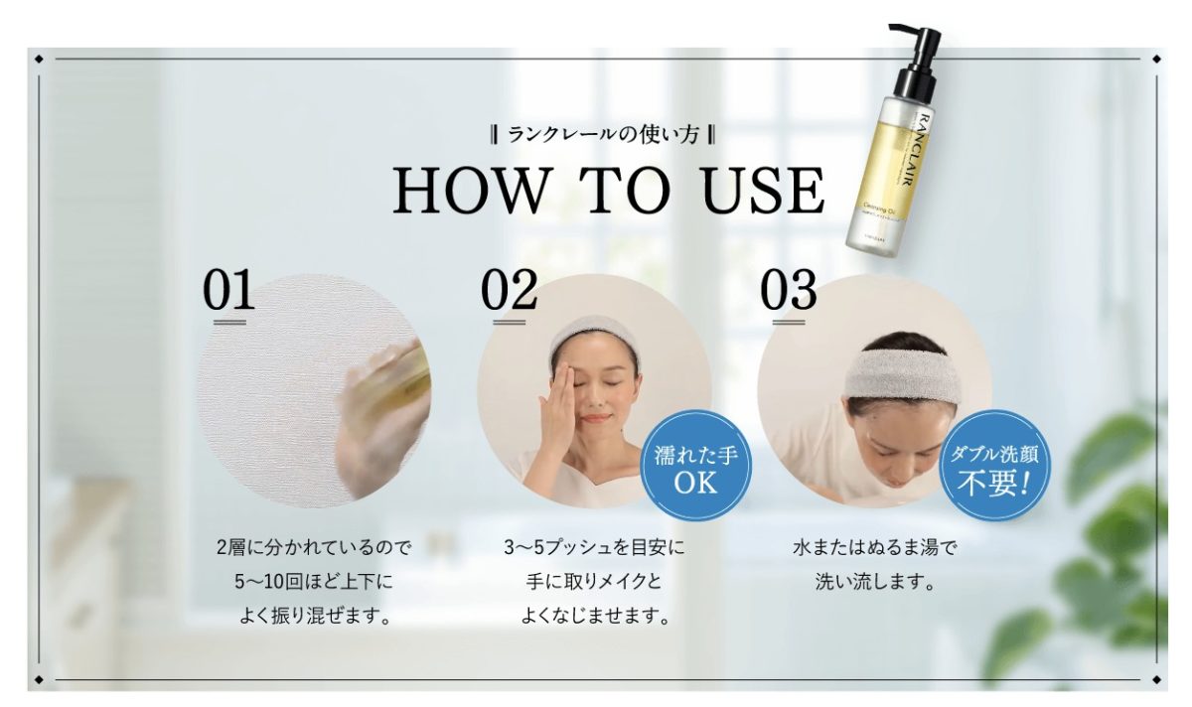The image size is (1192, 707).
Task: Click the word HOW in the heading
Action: pos(472,190)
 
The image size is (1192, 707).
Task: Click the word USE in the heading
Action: pos(763,190)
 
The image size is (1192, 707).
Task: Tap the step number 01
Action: pos(228,289)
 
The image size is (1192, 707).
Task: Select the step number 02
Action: pos(509,289)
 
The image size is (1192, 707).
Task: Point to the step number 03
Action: pos(788,289)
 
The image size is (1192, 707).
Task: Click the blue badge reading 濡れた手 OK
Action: pos(695,466)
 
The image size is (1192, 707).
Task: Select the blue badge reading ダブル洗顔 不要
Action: pos(994,466)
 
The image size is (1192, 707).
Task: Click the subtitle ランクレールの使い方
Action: pos(603,135)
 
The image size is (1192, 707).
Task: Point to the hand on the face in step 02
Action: pos(557,412)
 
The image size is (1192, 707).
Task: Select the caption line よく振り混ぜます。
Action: pos(315,616)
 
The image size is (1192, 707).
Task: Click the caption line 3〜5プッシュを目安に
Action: pos(594,547)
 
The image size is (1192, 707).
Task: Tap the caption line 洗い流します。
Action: pos(875,582)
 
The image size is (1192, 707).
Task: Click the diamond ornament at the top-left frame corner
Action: pos(39,59)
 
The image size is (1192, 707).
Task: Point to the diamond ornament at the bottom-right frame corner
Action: pos(1156,679)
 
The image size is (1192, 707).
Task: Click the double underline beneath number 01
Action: pos(229,322)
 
